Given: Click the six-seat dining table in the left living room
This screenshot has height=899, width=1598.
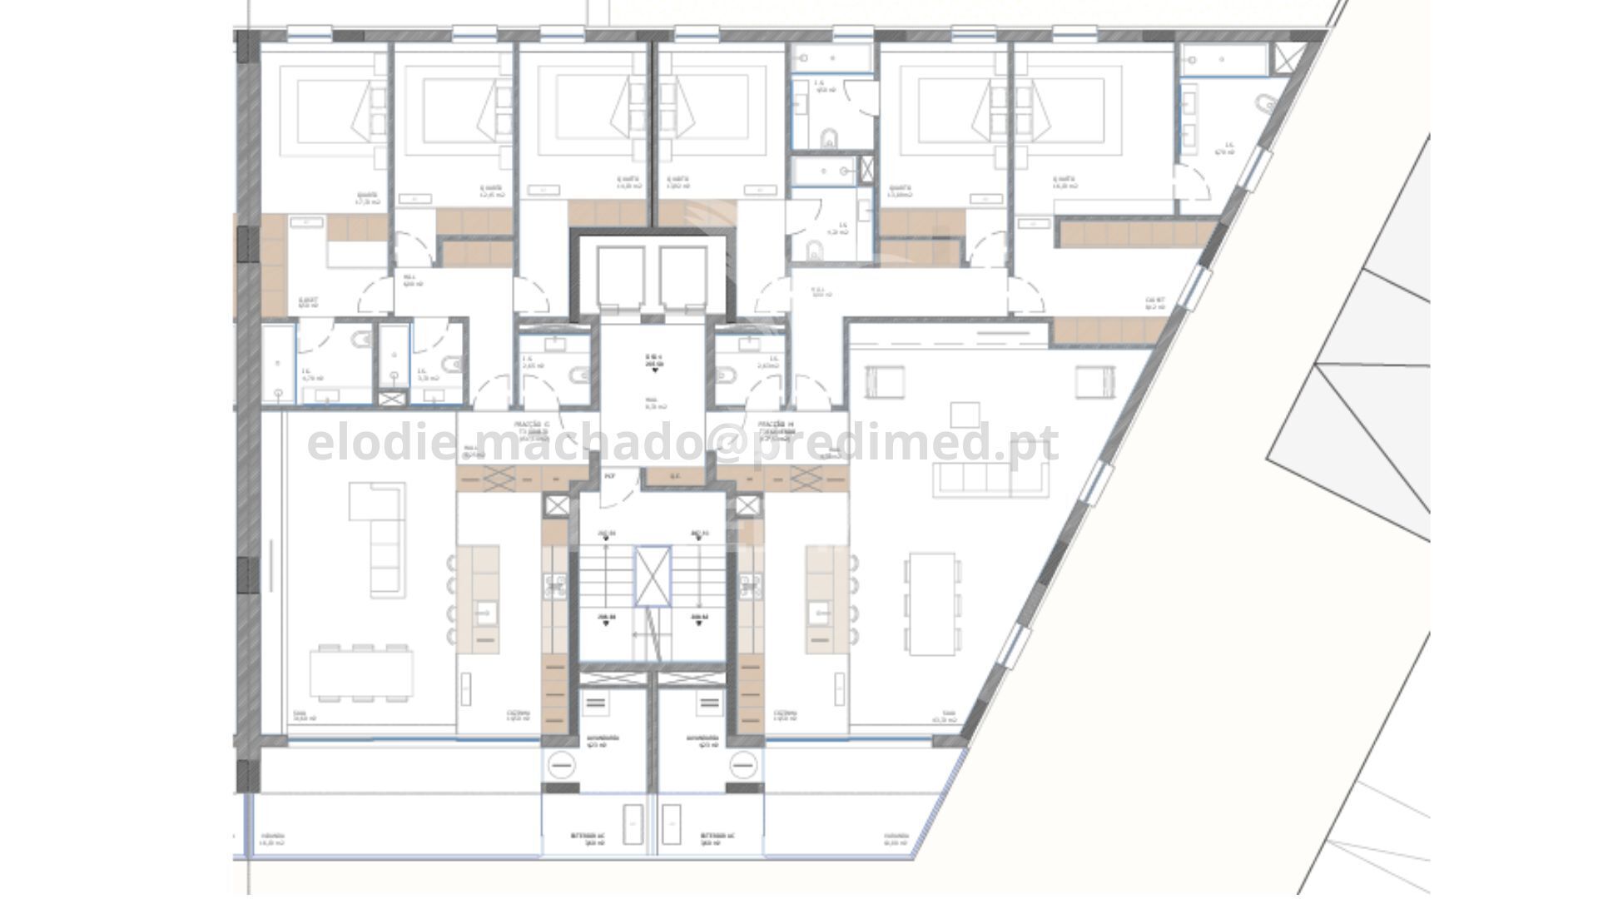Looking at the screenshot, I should [x=361, y=673].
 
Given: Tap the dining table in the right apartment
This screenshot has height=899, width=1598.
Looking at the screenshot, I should [x=932, y=603].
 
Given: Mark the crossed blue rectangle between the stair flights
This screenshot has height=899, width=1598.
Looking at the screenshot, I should [x=652, y=576].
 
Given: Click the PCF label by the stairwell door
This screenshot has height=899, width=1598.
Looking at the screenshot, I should [x=608, y=476].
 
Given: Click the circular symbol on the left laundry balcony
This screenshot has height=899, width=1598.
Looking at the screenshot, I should [x=559, y=762].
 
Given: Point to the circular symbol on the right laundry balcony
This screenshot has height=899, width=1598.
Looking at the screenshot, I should [x=745, y=762].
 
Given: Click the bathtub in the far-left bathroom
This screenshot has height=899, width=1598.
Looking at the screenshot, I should [x=278, y=364].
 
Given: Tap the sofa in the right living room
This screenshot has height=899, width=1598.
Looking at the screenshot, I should [x=990, y=479].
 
